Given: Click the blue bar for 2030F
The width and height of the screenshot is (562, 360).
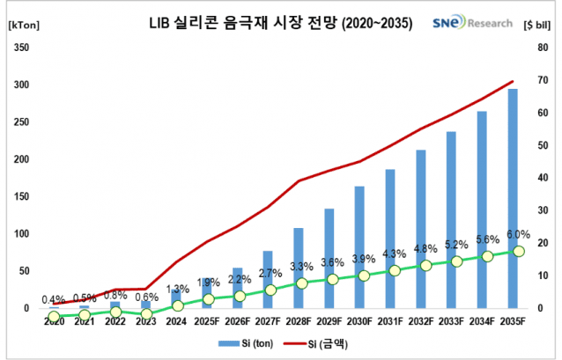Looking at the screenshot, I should tap(359, 246).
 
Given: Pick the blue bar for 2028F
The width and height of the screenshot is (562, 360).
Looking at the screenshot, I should tap(299, 268).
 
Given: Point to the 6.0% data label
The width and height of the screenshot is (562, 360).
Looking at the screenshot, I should tap(518, 234).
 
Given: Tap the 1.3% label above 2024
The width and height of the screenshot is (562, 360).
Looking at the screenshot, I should tap(176, 289).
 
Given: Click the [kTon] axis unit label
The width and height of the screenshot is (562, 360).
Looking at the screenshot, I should tap(21, 23).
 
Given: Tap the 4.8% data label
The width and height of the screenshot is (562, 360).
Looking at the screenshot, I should tap(425, 248).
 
